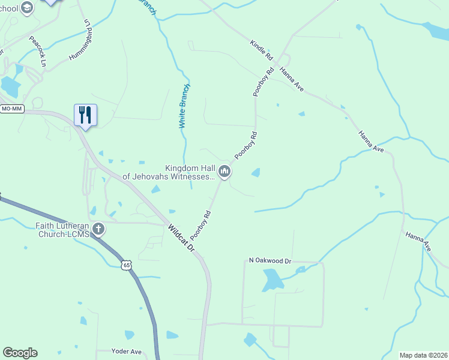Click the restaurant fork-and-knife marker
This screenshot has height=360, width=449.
tap(85, 115)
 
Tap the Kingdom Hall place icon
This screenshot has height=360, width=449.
tap(225, 172)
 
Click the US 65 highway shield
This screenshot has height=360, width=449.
tap(125, 265)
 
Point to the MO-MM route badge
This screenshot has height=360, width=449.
tap(12, 109)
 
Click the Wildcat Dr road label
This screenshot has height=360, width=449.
tap(182, 238)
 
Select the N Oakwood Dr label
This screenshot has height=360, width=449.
tap(270, 261)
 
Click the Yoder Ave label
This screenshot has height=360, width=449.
tap(127, 352)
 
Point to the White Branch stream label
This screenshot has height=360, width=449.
tap(185, 106)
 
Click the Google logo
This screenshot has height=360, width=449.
tap(20, 353)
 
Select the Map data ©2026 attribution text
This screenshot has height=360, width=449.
tap(423, 355)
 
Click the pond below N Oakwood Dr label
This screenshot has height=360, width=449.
tap(272, 280)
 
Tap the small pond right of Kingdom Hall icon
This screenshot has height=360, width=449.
tap(256, 173)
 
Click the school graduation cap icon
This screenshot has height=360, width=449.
tap(26, 8)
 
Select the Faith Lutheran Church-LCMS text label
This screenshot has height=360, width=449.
tap(62, 230)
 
